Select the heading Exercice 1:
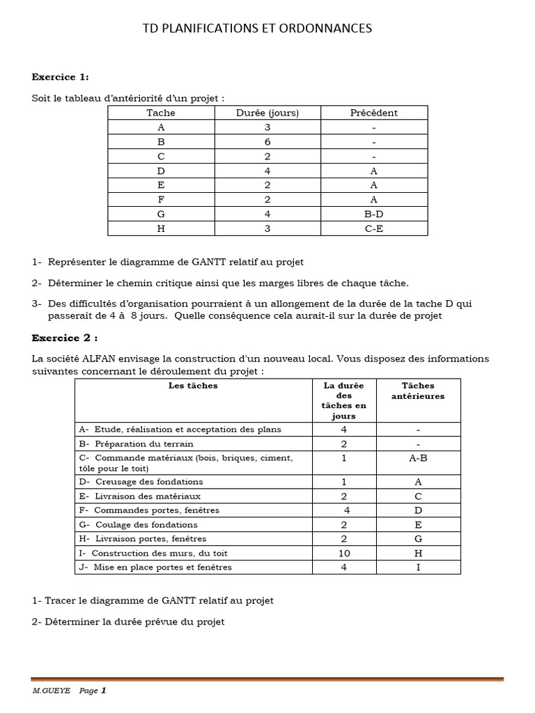click(60, 77)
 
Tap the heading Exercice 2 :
click(64, 338)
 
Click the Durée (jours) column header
click(267, 113)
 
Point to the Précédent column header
click(374, 113)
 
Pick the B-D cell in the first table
click(374, 214)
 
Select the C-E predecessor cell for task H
click(374, 228)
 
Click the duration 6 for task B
click(267, 142)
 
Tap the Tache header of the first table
click(161, 113)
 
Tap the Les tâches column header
click(193, 386)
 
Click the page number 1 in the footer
click(103, 691)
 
